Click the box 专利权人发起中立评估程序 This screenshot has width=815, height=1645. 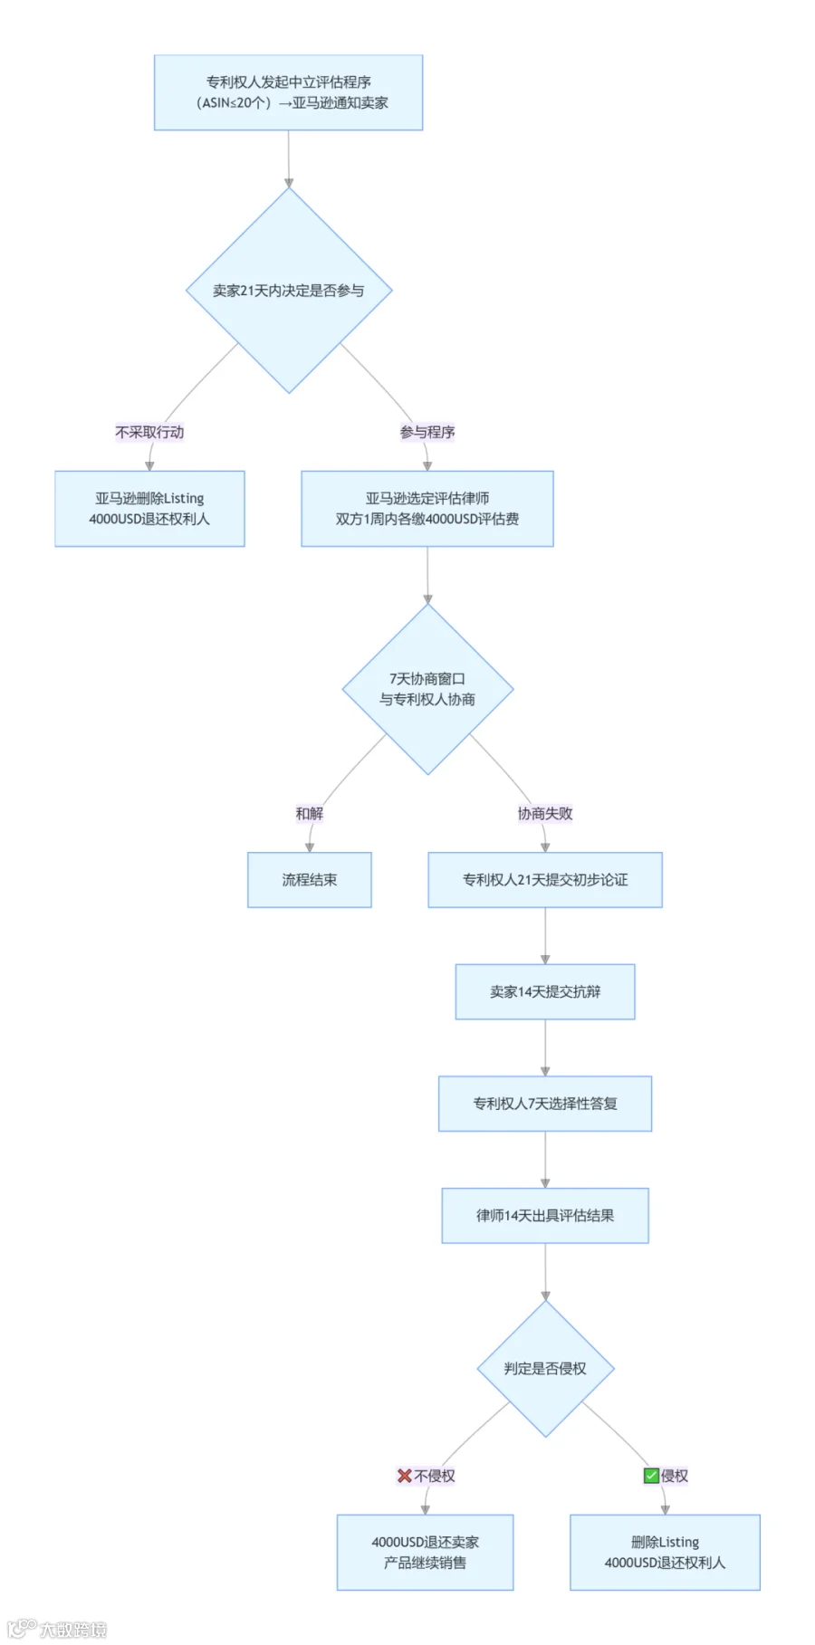[288, 92]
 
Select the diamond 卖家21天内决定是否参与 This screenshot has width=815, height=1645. [289, 291]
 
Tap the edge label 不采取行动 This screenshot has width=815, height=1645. [149, 433]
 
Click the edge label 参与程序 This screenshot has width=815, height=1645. [427, 433]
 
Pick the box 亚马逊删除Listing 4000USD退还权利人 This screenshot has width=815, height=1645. [149, 509]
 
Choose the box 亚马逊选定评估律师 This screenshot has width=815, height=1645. [427, 509]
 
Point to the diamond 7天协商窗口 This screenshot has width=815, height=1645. [427, 689]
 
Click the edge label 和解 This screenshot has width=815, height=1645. [310, 814]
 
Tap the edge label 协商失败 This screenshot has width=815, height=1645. [545, 814]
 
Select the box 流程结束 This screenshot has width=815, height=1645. [310, 880]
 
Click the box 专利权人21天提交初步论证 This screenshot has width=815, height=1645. [545, 880]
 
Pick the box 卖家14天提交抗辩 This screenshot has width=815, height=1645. [545, 992]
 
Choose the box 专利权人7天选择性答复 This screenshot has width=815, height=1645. [545, 1104]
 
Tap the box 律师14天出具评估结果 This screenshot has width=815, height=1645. [545, 1216]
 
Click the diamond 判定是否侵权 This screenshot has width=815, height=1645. [545, 1369]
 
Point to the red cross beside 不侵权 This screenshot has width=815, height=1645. [405, 1476]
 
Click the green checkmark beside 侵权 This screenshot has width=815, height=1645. [651, 1476]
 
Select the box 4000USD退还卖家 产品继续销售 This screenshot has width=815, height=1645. [425, 1553]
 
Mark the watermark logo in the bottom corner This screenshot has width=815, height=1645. [22, 1629]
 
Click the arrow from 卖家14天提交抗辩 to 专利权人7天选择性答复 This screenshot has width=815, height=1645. [545, 1048]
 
